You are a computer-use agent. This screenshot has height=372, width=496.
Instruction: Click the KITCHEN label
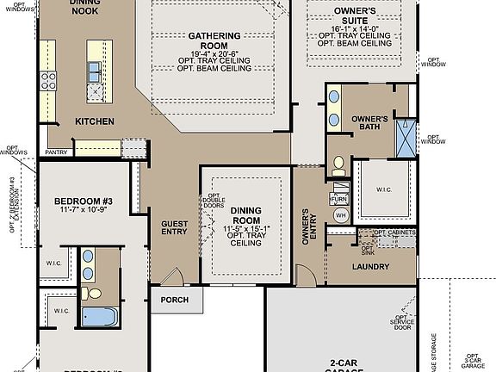click(95, 121)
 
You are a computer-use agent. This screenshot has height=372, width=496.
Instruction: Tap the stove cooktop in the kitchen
click(48, 82)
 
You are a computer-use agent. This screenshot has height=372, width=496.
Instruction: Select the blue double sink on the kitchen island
click(94, 72)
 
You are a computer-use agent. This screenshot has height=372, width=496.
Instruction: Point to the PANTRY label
click(57, 152)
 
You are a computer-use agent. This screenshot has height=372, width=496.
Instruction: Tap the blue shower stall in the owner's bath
click(404, 138)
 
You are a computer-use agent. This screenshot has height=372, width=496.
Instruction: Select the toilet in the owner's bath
click(339, 163)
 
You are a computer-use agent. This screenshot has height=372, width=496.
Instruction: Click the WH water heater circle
click(341, 214)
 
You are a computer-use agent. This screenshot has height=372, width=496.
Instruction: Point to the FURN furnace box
click(339, 198)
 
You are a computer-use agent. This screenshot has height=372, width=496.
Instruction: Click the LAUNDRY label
click(372, 266)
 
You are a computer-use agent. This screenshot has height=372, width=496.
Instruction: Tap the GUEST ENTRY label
click(175, 227)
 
